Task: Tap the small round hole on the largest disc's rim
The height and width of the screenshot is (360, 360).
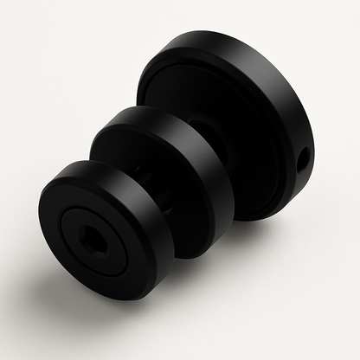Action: click(304, 158)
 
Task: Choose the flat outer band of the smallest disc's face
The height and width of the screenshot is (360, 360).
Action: click(61, 208)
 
